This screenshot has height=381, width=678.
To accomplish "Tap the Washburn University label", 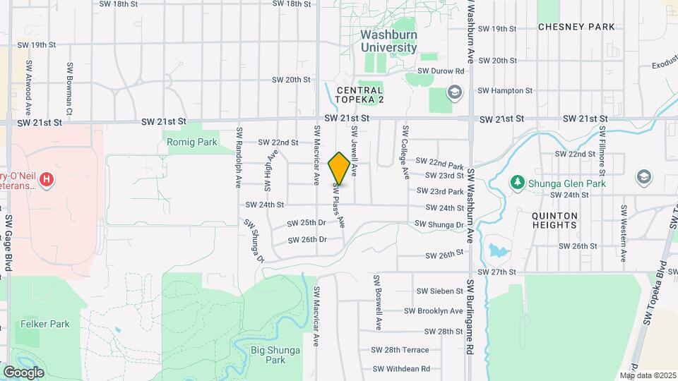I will pyautogui.click(x=388, y=41).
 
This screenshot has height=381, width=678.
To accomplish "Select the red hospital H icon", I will pyautogui.click(x=47, y=179).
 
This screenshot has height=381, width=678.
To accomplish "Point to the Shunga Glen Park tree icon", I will pyautogui.click(x=518, y=183).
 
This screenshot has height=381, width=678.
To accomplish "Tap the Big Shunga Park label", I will pyautogui.click(x=268, y=354).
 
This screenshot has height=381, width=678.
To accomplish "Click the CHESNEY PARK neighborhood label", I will pyautogui.click(x=576, y=27).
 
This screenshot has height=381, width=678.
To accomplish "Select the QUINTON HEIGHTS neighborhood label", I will pyautogui.click(x=557, y=220).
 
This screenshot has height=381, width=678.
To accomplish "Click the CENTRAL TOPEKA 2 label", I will pyautogui.click(x=359, y=95).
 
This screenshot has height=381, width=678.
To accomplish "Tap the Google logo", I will pyautogui.click(x=23, y=372).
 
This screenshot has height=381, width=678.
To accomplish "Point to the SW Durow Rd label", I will pyautogui.click(x=441, y=71).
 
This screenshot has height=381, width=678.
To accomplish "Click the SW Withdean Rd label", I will pyautogui.click(x=400, y=368).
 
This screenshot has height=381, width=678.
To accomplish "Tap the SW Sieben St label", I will pyautogui.click(x=439, y=291).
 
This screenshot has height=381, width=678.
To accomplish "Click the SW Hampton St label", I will pyautogui.click(x=504, y=91).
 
